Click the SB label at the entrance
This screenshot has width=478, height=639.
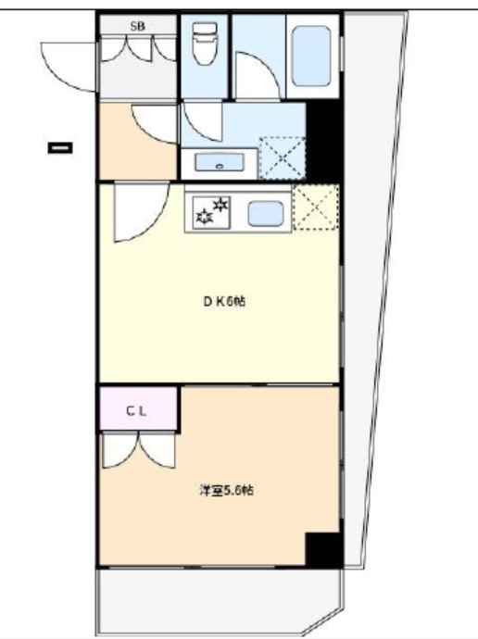pos(136,26)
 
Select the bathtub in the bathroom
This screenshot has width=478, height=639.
pos(310,56)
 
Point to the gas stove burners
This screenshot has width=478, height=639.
pos(213,209)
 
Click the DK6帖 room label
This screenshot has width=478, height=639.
pos(225,301)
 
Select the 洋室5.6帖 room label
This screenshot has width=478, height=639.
pos(225,491)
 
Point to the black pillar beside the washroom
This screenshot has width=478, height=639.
pos(324,139)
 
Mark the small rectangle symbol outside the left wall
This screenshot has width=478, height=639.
pos(60,145)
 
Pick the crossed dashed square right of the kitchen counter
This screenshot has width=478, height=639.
pos(316,208)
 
